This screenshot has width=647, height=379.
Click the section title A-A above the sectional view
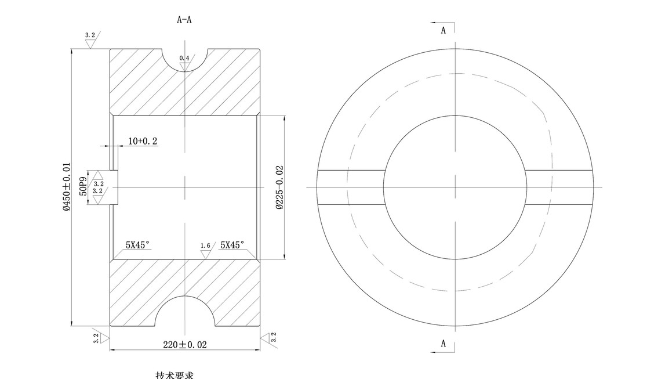pos(184,20)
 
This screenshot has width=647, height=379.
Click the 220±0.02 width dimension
pos(184,344)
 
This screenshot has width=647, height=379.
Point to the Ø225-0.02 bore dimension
pos(279,187)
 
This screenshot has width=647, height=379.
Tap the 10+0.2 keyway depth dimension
pos(143,141)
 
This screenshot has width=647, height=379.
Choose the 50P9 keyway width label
pos(83,187)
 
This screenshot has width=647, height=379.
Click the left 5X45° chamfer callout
pos(139,245)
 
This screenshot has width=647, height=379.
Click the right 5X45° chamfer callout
pos(232,245)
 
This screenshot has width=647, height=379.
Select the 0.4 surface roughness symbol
pos(184,62)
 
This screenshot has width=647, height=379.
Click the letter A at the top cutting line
pos(444,30)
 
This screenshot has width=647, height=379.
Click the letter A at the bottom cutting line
pos(444,344)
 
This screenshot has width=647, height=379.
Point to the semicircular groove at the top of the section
pos(184,58)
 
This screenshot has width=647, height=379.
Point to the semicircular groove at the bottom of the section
pos(184,313)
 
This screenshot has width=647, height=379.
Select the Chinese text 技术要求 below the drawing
pos(175,374)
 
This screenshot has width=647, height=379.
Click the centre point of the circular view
pos(455,187)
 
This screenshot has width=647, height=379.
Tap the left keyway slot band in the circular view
pos(351,187)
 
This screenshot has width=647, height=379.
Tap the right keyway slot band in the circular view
pos(559,187)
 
